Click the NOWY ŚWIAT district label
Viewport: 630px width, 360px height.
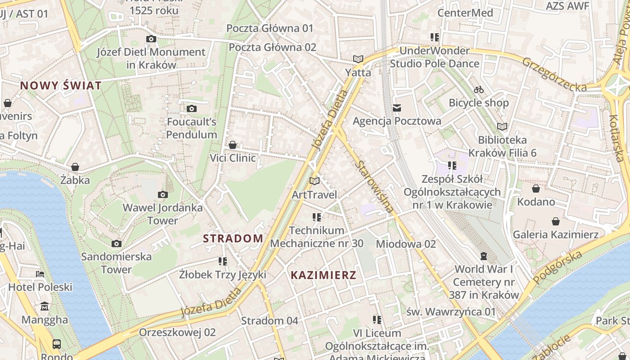[x=61, y=85]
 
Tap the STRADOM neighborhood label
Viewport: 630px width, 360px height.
[x=233, y=238]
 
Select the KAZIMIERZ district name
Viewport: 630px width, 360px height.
[x=323, y=275]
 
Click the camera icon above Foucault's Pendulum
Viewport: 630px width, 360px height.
[x=192, y=108]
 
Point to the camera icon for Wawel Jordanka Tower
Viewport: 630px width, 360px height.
[x=163, y=194]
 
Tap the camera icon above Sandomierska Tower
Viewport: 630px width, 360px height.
[x=117, y=243]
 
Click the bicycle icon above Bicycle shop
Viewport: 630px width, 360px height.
[x=479, y=90]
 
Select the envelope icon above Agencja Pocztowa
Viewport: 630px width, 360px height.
[x=396, y=108]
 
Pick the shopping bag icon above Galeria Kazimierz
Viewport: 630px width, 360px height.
[x=556, y=221]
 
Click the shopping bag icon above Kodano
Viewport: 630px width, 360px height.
[x=535, y=188]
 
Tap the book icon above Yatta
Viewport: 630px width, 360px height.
[x=358, y=59]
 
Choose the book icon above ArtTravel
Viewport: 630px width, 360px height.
[x=315, y=181]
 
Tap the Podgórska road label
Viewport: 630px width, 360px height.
[x=557, y=267]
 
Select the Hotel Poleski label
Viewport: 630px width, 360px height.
[x=40, y=287]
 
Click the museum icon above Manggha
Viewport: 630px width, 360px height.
[x=45, y=306]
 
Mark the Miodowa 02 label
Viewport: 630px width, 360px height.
[x=406, y=244]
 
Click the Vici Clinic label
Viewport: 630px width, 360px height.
[x=233, y=158]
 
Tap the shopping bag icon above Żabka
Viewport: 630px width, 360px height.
[x=75, y=167]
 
